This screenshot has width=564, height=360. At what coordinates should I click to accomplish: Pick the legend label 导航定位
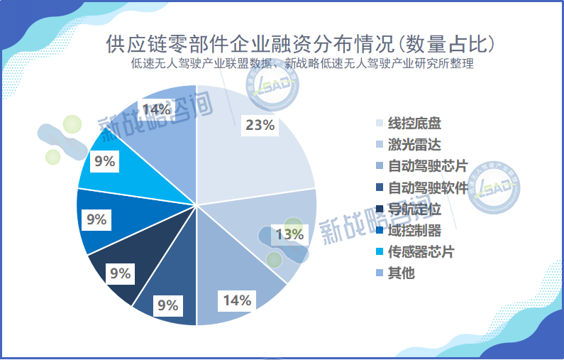pyautogui.click(x=413, y=209)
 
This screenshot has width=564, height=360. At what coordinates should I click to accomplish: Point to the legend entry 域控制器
pyautogui.click(x=413, y=231)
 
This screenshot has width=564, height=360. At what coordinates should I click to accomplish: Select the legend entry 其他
pyautogui.click(x=400, y=273)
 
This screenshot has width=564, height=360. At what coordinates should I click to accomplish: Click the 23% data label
pyautogui.click(x=260, y=126)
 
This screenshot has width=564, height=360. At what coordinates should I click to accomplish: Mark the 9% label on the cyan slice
pyautogui.click(x=104, y=162)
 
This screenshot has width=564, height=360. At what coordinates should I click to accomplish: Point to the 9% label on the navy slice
pyautogui.click(x=121, y=273)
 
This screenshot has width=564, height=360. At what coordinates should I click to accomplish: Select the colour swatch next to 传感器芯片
pyautogui.click(x=380, y=252)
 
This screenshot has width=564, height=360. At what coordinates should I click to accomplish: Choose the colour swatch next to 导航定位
pyautogui.click(x=380, y=209)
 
